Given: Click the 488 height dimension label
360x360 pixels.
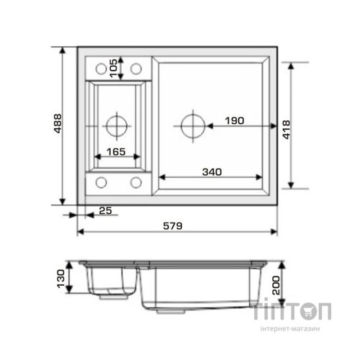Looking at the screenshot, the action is coord(58,124).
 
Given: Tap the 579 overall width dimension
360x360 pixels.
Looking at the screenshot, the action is coord(173,226).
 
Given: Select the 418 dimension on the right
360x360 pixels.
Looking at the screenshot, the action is coord(286,130).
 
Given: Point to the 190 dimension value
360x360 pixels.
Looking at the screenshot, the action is coord(235,121).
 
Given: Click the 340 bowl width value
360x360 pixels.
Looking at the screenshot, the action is coord(212,172).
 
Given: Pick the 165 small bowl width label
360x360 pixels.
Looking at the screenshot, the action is coord(116,152).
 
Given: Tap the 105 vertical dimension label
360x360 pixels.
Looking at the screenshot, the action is coord(114,68).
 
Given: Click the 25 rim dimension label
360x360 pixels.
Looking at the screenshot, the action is coord(106,210).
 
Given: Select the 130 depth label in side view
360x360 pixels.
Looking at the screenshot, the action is coord(60,279).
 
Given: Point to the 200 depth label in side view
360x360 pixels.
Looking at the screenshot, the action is coord(276,285).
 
